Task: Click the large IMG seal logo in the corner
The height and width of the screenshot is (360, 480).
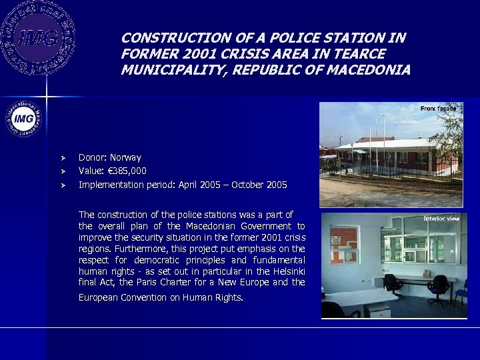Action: pos(37,37)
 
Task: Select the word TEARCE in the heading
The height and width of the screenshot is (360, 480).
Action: pos(361,54)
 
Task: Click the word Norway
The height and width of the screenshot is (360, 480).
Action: pos(125,158)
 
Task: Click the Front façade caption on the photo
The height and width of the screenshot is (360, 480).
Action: pos(438,108)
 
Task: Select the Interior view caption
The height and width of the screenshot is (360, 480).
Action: pos(442,218)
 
